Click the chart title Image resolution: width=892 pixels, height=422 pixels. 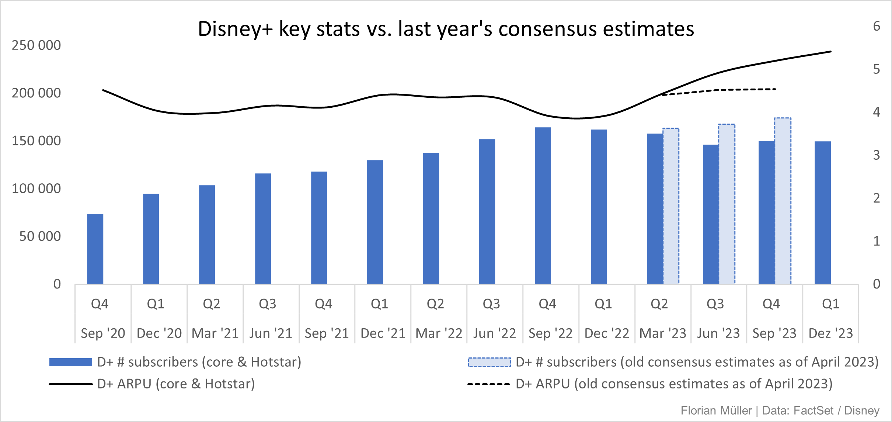click(446, 29)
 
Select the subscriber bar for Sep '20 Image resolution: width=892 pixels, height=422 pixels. click(95, 249)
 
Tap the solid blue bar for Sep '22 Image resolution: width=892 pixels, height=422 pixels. click(543, 205)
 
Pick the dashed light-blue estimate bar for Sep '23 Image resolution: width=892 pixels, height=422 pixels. click(783, 201)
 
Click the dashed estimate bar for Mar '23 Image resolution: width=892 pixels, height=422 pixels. click(671, 206)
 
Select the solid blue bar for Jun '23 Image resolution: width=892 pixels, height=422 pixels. click(711, 214)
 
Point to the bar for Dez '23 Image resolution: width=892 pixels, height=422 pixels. click(823, 212)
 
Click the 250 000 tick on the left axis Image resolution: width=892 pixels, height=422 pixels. click(36, 45)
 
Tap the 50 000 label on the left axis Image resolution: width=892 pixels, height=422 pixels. click(40, 236)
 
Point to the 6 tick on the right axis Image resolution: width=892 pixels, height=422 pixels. click(877, 26)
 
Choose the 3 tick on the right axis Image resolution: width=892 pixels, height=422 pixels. click(877, 155)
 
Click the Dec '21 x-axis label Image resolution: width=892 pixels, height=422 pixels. click(383, 333)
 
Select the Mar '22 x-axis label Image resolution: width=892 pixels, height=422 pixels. click(439, 333)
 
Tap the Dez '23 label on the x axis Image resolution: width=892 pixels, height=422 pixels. click(830, 333)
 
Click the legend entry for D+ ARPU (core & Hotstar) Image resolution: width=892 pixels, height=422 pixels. click(176, 384)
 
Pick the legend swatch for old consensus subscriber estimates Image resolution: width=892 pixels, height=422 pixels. click(489, 362)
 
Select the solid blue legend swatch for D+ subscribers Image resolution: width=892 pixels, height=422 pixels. click(70, 362)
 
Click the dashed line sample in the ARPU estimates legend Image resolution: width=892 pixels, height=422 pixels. click(488, 384)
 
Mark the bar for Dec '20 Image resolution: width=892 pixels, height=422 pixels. click(151, 239)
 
